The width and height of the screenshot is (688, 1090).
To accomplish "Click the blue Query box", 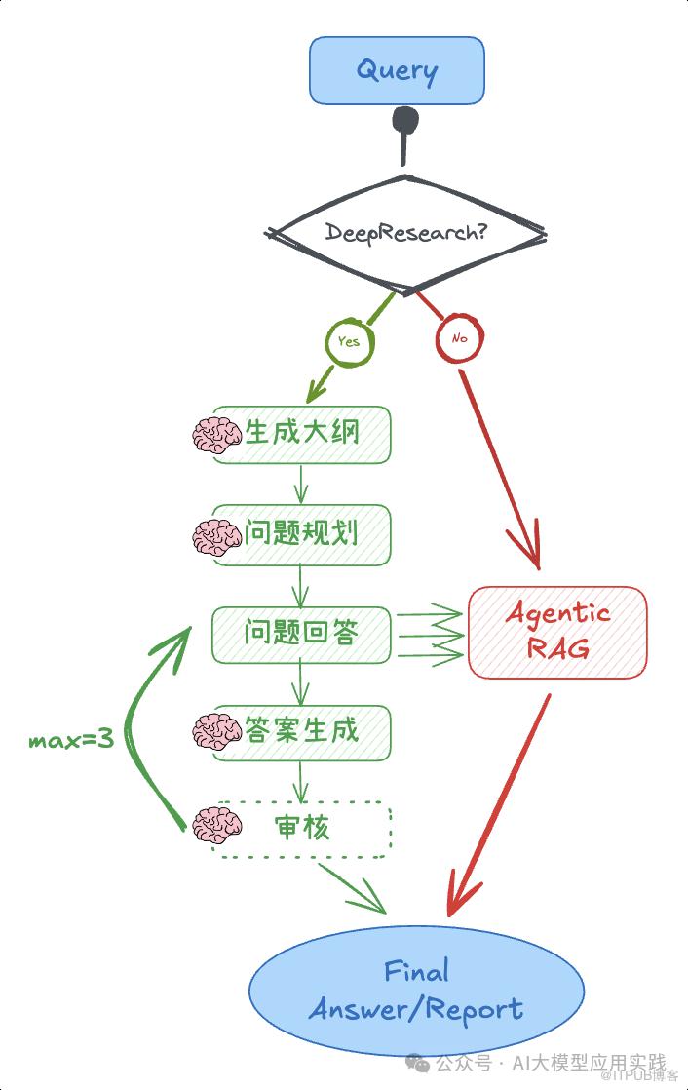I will [397, 70].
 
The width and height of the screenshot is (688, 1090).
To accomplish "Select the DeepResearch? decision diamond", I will [406, 233].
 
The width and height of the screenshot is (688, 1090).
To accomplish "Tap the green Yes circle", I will [348, 341].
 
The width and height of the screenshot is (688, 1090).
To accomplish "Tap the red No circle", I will [460, 340].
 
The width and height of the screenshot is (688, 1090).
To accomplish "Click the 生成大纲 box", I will [302, 433].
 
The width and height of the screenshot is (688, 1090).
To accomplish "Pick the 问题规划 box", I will [302, 533].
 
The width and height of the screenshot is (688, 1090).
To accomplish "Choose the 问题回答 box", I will [302, 634].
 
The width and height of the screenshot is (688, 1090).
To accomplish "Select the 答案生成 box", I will [302, 731].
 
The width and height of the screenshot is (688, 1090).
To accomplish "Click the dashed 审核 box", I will [302, 829].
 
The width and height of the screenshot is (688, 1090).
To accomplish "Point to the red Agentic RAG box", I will [557, 632].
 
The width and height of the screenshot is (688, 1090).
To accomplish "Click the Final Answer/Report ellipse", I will [416, 990].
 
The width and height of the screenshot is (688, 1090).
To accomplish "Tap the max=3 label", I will [71, 740].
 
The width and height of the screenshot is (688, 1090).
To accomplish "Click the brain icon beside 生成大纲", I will [215, 435].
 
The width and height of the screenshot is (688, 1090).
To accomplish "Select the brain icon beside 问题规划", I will [215, 535].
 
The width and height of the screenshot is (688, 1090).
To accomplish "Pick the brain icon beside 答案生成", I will [215, 731].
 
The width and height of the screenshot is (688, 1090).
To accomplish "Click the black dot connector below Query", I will [404, 122].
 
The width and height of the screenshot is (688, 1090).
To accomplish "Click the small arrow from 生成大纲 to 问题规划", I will [301, 483].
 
